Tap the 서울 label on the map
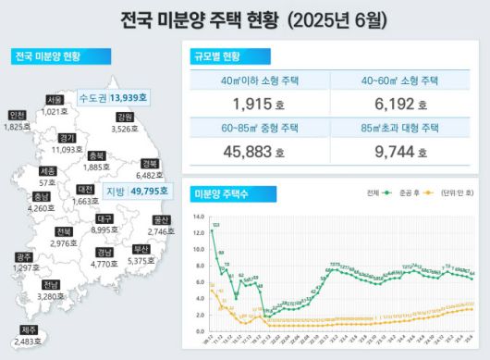click(55, 100)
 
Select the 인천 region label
click(17, 116)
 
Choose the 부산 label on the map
click(141, 249)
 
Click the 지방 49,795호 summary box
click(137, 192)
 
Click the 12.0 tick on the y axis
click(199, 233)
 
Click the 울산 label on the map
click(162, 220)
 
